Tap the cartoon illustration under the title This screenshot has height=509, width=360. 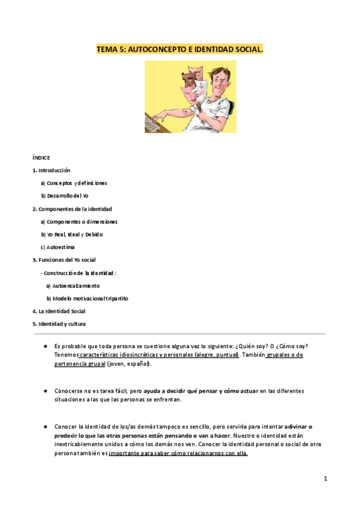[190, 96]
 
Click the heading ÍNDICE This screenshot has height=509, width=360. [41, 157]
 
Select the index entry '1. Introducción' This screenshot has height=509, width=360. [51, 170]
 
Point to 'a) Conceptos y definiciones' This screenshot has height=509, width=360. [74, 182]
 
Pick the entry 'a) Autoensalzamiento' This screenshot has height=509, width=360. [73, 286]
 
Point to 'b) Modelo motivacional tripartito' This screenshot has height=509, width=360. [88, 298]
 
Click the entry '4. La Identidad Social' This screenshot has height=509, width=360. [59, 312]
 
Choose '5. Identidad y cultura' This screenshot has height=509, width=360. [59, 324]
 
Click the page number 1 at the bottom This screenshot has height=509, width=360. [325, 478]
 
